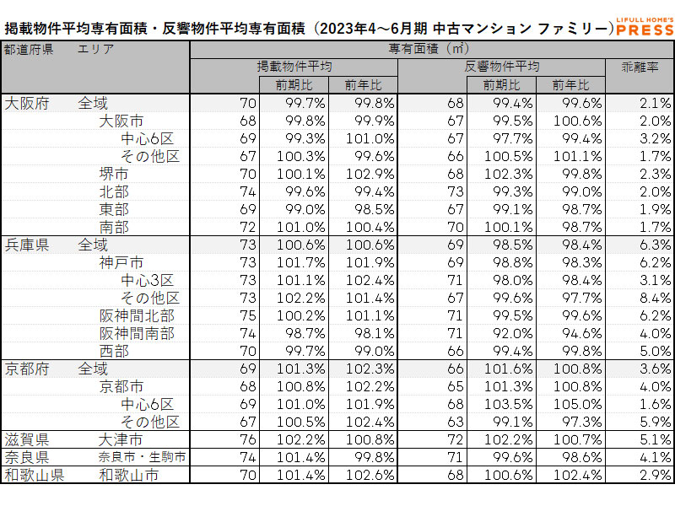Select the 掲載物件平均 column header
(294, 67)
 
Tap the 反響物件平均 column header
(501, 67)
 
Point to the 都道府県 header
(29, 49)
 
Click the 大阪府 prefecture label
(27, 103)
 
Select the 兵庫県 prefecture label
(27, 245)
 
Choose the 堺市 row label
(114, 174)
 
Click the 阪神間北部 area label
(137, 315)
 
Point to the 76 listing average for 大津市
(247, 439)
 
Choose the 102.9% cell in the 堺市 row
(364, 174)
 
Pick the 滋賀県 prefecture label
(27, 439)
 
